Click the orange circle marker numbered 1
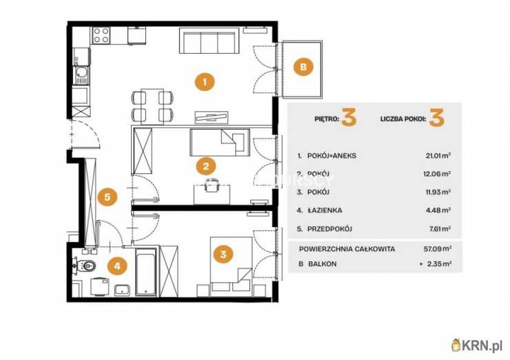[205, 82]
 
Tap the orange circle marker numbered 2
[205, 167]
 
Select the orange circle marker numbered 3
[223, 254]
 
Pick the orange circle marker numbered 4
[117, 266]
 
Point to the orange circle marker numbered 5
[108, 197]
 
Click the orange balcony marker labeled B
[303, 67]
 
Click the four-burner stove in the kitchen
[101, 35]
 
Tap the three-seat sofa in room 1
[210, 41]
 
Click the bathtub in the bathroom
[145, 272]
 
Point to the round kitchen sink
[81, 72]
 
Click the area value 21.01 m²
[438, 156]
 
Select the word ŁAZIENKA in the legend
[325, 210]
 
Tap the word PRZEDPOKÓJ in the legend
[330, 229]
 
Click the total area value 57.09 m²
[438, 249]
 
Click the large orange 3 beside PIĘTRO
[349, 117]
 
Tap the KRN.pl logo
[477, 345]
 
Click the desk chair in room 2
[212, 186]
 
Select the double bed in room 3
[231, 267]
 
